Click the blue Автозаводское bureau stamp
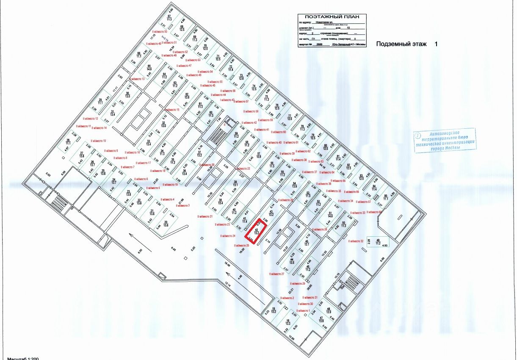click(445, 140)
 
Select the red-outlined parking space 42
click(257, 231)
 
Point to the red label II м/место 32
click(356, 241)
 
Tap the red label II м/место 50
click(159, 32)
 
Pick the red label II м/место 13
click(137, 79)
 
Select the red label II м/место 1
click(303, 311)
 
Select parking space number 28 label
click(67, 142)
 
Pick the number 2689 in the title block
click(319, 44)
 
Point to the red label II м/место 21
click(205, 216)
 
